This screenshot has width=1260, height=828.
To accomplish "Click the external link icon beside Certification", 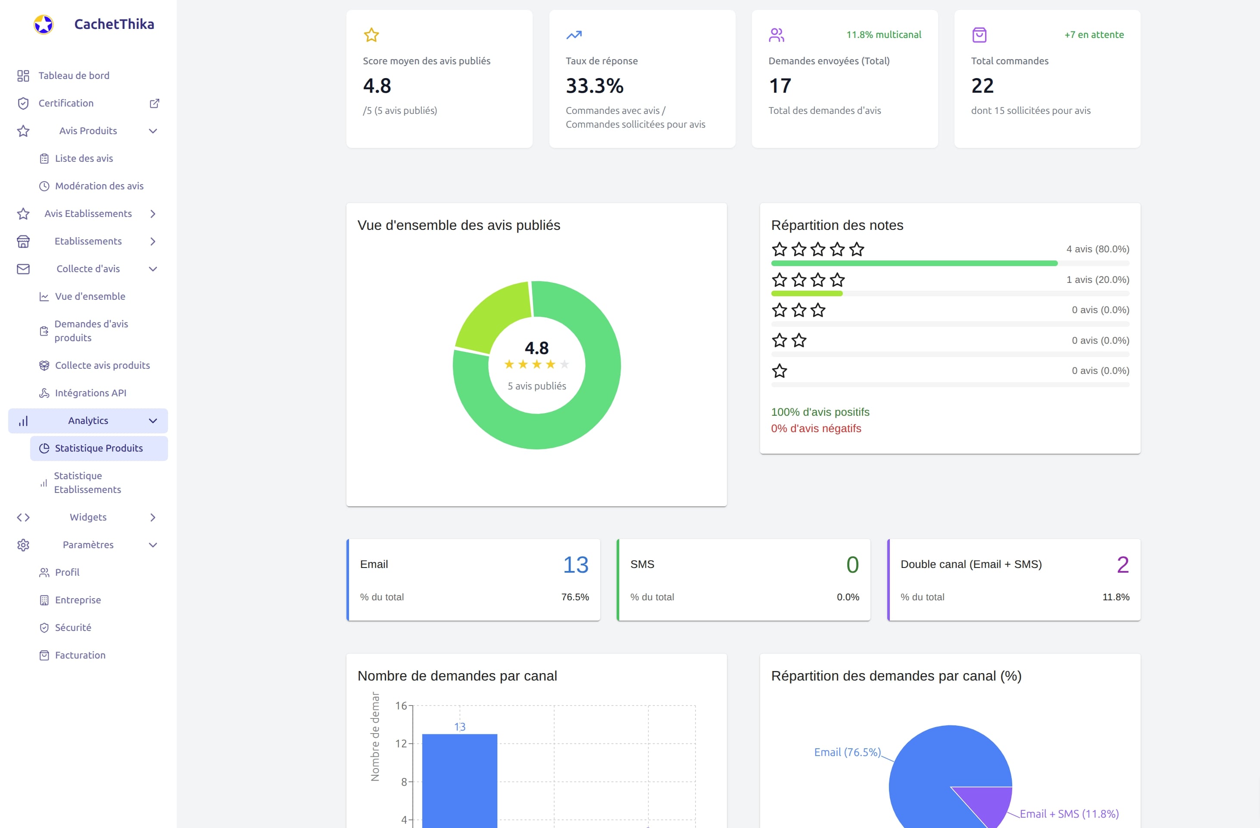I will tap(154, 103).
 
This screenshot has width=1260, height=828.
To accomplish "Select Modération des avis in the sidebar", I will tap(99, 186).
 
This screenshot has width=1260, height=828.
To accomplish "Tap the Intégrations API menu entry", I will tap(90, 393).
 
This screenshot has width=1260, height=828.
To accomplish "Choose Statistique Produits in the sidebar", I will tap(99, 448).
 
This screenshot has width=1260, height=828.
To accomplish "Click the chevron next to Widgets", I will tap(153, 517).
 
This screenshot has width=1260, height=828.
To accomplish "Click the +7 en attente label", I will tap(1094, 35).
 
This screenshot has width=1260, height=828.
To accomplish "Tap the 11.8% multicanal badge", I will tap(883, 35).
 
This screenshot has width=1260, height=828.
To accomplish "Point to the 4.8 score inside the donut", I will tap(536, 348).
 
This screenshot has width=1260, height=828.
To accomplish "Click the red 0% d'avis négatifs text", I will tap(815, 429).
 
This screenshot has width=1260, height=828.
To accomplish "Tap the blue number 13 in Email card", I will tap(575, 565).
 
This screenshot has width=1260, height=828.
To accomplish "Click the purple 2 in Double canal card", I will tap(1123, 565).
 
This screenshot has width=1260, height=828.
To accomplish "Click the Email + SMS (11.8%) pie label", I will tap(1068, 814).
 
